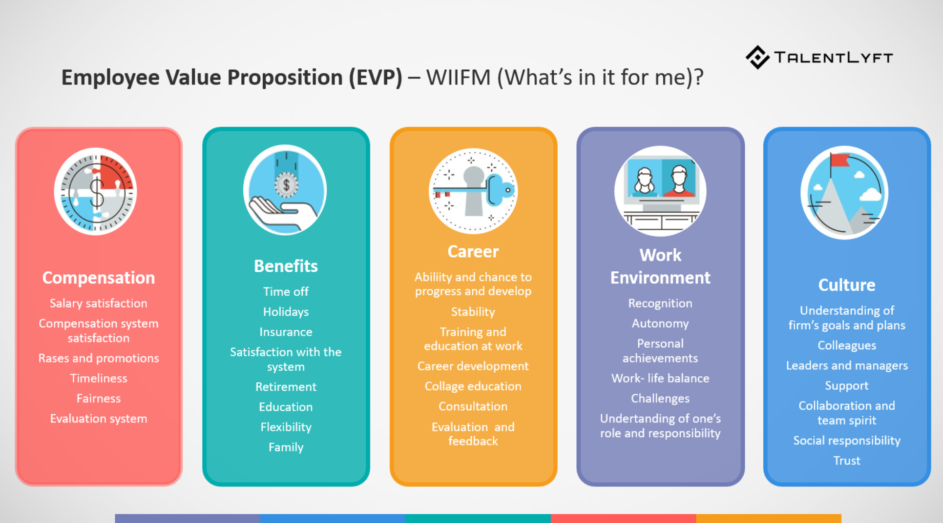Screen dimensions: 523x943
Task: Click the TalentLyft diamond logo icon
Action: tap(757, 58)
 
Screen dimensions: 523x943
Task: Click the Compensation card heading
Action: tap(98, 278)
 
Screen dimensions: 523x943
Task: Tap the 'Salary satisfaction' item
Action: tap(98, 303)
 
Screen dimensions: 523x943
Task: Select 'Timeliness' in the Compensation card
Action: tap(98, 378)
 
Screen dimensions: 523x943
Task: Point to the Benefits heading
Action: tap(286, 266)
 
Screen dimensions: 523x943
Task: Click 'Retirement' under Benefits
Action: tap(286, 387)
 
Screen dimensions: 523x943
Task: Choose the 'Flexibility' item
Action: tap(286, 427)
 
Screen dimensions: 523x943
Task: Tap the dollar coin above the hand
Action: tap(286, 185)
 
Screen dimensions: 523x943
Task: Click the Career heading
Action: tap(473, 252)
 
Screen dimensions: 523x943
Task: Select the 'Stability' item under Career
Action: tap(473, 312)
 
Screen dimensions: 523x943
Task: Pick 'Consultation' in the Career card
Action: tap(473, 406)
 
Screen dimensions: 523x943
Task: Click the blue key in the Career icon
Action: tap(498, 190)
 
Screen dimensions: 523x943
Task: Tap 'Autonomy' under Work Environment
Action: tap(660, 323)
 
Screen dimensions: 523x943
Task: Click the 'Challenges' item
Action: tap(660, 399)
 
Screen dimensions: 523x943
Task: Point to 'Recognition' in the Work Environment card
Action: tap(660, 303)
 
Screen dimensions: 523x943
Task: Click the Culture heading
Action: tap(846, 285)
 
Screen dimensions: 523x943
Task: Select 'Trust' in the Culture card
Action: tap(846, 461)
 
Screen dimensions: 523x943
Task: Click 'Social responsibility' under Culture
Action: tap(846, 441)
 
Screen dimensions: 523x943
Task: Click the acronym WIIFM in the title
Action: tap(458, 78)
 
